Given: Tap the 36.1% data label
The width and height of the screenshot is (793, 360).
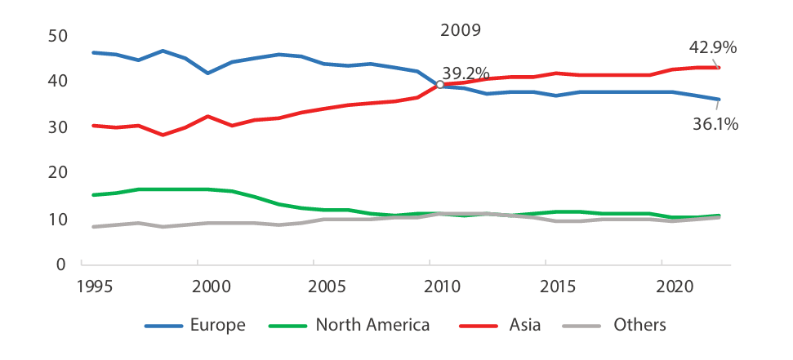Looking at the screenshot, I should coord(715,124).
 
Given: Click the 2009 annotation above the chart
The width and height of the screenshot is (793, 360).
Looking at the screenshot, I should coord(461,31).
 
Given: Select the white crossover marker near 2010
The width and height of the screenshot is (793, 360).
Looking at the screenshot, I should coord(440,84).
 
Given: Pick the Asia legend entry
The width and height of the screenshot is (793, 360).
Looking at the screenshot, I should coord(524,325).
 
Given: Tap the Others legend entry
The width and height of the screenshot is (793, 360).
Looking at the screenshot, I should coord(639,325).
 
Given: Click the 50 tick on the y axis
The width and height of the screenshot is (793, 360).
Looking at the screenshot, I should coord(59,36).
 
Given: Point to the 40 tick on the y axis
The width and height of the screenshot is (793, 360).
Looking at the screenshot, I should coord(59,82).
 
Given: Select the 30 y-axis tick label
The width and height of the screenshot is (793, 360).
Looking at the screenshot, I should coord(59,127).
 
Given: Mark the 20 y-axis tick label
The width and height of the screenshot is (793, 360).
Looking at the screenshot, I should coord(59,172).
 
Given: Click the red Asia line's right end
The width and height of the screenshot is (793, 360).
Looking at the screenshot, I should coord(718,68).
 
